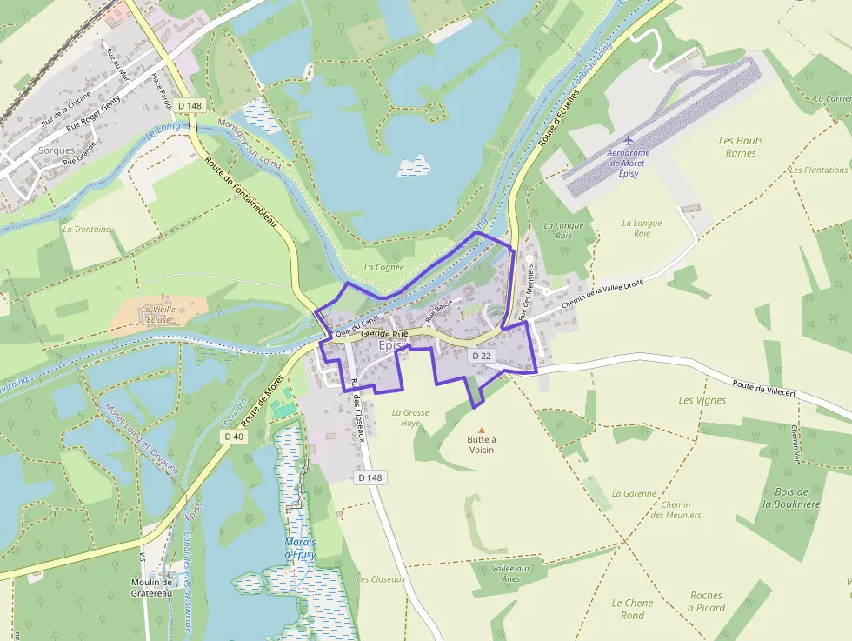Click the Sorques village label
(57, 150)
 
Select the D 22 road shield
(482, 356)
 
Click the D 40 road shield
(233, 437)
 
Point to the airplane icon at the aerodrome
(629, 140)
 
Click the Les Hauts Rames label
(741, 147)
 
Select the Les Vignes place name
(702, 400)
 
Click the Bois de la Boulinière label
(791, 497)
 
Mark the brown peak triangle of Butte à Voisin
(482, 429)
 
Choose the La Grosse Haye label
(410, 417)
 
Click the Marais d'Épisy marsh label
(300, 549)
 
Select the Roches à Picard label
(706, 602)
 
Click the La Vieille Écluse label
(158, 314)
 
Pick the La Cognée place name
(383, 267)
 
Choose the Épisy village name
(394, 345)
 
